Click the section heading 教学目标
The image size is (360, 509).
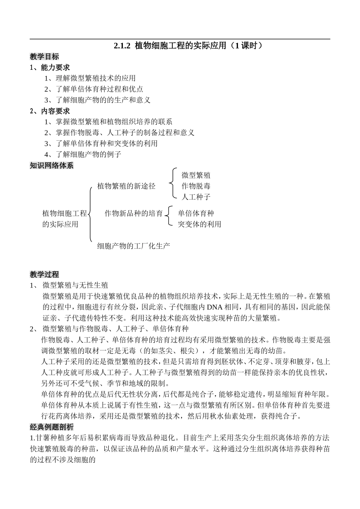pos(44,57)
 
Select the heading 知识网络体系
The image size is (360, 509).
pos(52,165)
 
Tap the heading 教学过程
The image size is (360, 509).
pos(44,274)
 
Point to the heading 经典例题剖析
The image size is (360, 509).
pos(52,427)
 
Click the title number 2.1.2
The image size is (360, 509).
pos(122,46)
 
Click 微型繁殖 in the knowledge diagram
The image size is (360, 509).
pos(196,175)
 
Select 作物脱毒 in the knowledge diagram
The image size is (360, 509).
pos(196,186)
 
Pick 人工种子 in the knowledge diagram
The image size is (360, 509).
pos(196,197)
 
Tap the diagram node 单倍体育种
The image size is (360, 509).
pos(196,213)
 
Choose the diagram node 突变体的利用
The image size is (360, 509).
pos(200,224)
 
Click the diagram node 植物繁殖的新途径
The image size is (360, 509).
pos(126,186)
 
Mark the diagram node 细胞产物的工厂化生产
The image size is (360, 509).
pos(133,246)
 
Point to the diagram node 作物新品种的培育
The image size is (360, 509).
pos(134,213)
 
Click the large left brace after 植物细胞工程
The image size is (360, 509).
pos(90,214)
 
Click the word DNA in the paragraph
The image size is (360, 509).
pos(214,307)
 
